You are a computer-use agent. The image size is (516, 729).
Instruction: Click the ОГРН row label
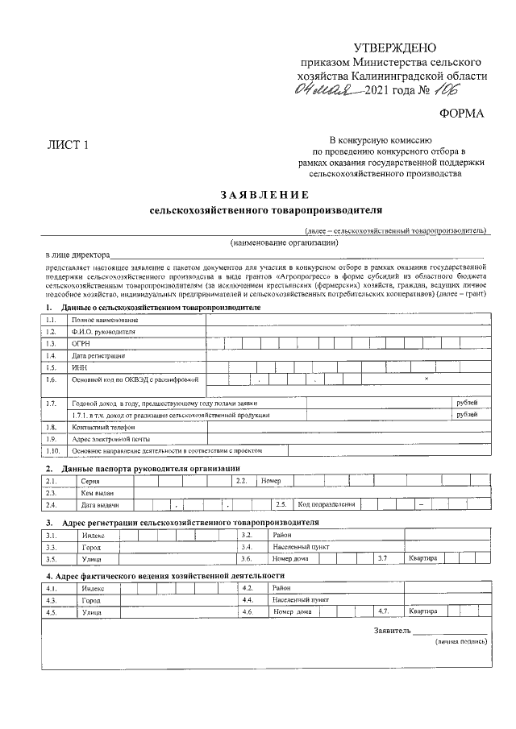click(x=80, y=343)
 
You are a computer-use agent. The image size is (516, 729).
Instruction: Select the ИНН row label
click(x=78, y=367)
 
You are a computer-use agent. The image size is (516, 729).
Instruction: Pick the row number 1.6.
click(x=52, y=379)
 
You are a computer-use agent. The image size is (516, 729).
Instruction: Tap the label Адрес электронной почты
click(x=106, y=439)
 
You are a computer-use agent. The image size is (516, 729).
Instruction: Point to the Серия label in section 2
click(x=90, y=481)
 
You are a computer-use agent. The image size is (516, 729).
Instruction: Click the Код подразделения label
click(x=326, y=504)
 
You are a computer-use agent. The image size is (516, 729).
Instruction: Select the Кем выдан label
click(x=97, y=492)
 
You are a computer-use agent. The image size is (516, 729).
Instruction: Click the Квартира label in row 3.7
click(x=422, y=557)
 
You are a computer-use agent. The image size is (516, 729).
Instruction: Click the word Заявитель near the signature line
click(x=393, y=630)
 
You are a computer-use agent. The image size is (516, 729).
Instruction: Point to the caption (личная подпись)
click(x=460, y=642)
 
